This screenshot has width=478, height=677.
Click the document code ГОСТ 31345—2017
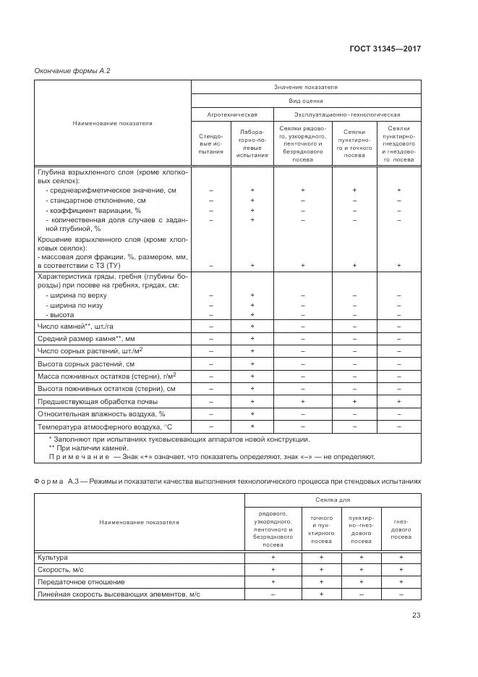[385, 49]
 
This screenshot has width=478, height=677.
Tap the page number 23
[416, 615]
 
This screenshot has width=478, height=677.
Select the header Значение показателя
[305, 87]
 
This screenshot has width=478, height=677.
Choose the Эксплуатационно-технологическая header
[346, 114]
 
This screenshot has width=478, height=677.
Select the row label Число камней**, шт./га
[72, 327]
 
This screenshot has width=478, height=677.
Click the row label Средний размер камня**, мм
[76, 338]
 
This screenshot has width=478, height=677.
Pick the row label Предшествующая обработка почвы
[97, 400]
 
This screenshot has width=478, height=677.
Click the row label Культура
[52, 557]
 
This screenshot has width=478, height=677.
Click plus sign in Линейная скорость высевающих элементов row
[321, 594]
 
